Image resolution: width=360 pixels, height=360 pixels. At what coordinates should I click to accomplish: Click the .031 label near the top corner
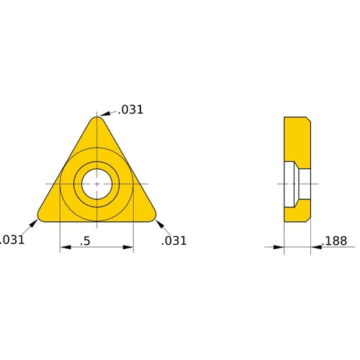tap(132, 110)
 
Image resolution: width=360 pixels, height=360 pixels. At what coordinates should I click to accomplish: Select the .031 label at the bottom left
tap(12, 240)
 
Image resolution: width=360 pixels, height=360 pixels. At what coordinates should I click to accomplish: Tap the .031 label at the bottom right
tap(174, 240)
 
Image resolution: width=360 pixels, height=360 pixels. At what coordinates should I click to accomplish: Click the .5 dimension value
tap(86, 241)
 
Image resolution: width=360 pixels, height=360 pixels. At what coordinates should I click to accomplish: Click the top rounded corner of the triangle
tap(96, 120)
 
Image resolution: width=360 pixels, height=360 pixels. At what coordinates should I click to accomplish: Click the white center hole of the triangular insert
tap(96, 184)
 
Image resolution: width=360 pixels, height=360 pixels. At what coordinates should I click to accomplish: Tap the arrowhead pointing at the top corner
tap(103, 114)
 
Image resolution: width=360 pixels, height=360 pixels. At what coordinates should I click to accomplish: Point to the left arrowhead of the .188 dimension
tap(279, 247)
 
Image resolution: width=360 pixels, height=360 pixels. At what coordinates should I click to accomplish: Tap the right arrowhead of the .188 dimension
tap(315, 247)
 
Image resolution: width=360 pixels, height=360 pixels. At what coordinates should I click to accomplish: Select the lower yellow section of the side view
tap(296, 210)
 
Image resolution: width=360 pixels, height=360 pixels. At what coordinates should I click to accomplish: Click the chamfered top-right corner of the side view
tap(308, 119)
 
